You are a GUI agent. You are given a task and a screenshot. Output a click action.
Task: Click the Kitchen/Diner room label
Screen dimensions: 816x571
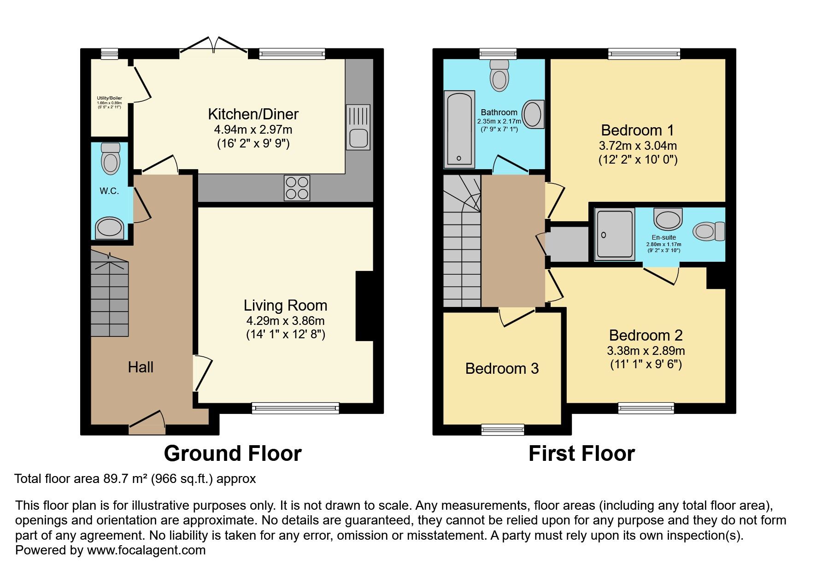point(253,114)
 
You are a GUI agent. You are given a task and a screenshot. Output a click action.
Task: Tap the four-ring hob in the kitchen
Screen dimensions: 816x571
point(297,188)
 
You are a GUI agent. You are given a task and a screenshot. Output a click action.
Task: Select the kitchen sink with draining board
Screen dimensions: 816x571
point(358,127)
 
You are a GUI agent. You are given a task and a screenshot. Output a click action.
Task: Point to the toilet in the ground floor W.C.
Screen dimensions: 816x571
point(110,158)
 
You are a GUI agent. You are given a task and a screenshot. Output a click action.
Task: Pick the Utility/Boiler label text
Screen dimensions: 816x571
point(109,98)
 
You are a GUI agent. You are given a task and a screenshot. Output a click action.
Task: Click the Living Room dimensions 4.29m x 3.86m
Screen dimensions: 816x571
point(285,321)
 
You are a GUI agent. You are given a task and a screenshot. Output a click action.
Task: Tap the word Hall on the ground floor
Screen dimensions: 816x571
point(141,367)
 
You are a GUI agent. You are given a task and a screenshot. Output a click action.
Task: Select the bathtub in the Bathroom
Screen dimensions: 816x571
point(459,129)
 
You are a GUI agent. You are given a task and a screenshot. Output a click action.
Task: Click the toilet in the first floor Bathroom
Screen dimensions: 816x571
point(499,75)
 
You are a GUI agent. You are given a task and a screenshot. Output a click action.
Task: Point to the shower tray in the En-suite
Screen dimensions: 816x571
point(615,235)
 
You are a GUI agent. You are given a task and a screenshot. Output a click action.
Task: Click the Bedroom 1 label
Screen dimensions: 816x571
point(637,130)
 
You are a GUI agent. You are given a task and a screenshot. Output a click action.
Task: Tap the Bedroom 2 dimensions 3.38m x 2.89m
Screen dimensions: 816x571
point(646,350)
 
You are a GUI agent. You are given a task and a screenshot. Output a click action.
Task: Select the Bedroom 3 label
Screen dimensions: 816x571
point(502,368)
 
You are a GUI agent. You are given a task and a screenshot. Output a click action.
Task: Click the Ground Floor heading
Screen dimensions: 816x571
point(233,453)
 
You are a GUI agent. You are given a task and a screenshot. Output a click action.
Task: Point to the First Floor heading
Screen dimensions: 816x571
point(581,453)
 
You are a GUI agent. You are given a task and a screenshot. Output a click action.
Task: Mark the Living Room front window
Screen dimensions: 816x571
point(295,408)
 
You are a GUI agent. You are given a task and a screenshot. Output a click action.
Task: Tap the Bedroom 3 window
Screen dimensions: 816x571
point(503,430)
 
